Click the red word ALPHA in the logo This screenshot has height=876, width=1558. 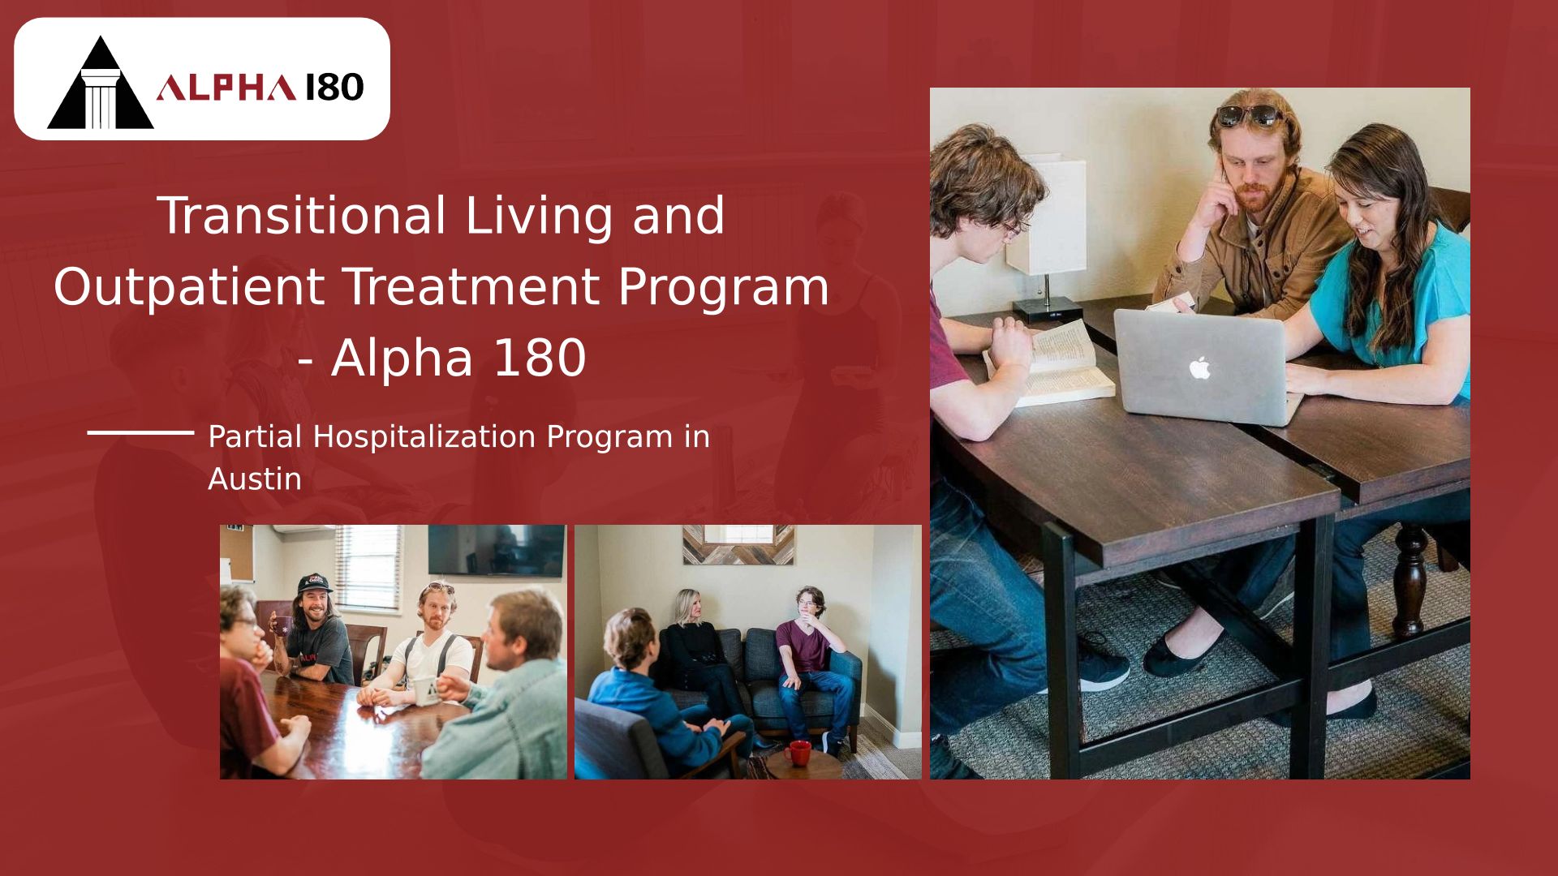coord(226,88)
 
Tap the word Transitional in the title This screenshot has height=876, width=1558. coord(301,216)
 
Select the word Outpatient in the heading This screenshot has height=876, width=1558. coord(189,286)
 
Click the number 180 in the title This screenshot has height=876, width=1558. coord(539,358)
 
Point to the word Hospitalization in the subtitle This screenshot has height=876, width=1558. coord(424,437)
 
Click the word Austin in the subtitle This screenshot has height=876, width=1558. coord(255,479)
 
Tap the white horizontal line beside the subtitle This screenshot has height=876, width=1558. coord(140,432)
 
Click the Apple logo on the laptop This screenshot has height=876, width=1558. coord(1199,368)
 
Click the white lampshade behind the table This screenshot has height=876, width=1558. coord(1047,216)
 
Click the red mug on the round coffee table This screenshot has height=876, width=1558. coord(797,753)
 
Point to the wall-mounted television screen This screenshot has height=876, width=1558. coord(496,550)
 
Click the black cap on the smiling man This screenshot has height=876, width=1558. coord(315,584)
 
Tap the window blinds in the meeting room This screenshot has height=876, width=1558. coord(368,568)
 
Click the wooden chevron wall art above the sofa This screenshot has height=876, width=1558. coord(738,544)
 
